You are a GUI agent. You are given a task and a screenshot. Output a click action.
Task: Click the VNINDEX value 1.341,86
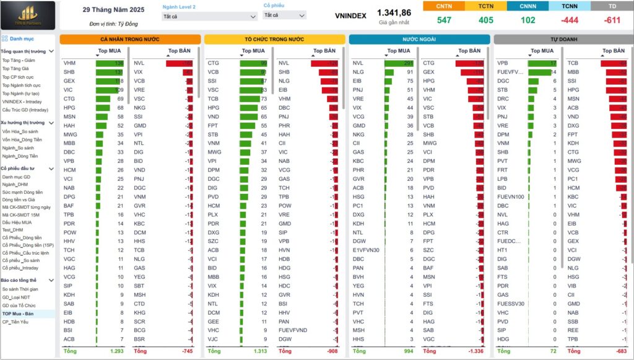point(394,12)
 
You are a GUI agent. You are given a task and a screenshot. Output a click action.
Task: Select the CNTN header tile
point(444,6)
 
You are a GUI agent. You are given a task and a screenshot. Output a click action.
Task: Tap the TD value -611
point(612,20)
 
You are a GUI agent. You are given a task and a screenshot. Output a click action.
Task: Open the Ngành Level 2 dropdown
point(209,16)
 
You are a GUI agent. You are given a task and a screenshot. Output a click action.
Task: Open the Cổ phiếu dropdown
point(284,15)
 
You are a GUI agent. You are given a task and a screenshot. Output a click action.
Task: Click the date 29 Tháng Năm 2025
point(113,10)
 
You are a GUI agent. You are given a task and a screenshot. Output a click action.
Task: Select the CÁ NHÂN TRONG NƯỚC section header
point(130,39)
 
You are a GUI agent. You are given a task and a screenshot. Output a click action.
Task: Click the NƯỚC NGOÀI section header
point(419,39)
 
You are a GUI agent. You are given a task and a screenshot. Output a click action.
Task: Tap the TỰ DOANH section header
point(562,39)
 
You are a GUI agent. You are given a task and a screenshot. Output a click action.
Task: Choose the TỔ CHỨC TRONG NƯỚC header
point(274,39)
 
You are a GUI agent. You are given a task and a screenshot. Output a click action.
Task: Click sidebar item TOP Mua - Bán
point(18,314)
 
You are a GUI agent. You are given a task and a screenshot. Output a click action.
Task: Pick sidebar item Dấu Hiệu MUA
point(17,222)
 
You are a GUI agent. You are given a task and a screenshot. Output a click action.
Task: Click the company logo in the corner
point(27,15)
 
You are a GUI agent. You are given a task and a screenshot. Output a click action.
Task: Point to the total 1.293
point(116,351)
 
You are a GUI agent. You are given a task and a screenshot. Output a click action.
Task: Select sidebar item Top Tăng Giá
point(15,69)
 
